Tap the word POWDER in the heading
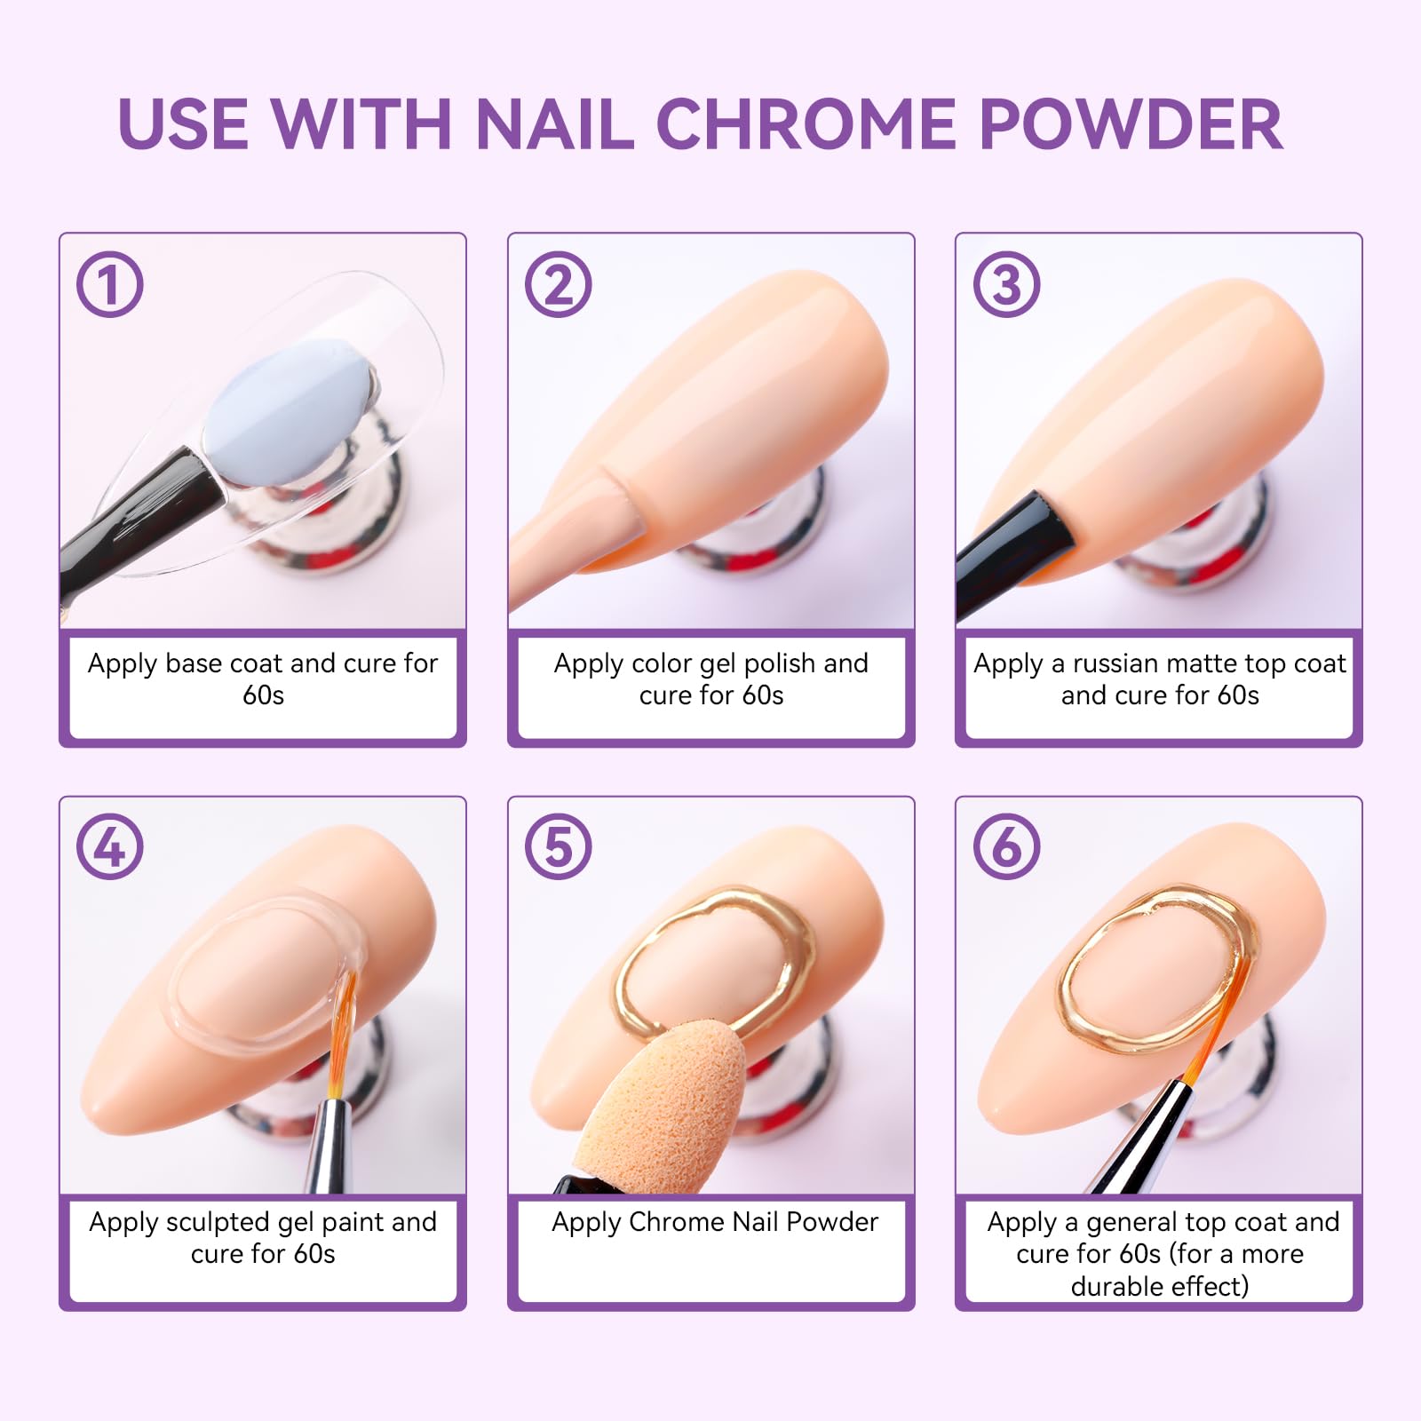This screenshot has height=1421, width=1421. pos(1130,123)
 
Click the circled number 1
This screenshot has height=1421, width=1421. pos(110,285)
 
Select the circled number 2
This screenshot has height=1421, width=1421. pos(558,285)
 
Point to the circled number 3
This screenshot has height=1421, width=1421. pos(1006,285)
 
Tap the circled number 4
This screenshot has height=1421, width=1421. pos(110,846)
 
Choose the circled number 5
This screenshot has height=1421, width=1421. pos(558,846)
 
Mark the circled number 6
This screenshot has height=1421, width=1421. pos(1006,846)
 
